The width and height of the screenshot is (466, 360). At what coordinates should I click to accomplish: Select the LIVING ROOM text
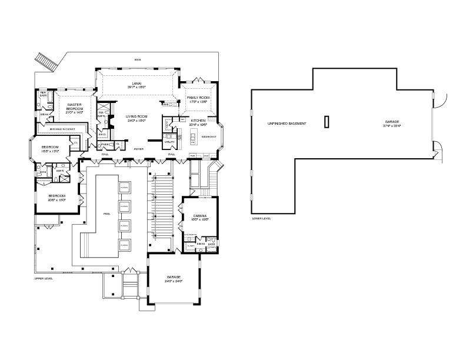point(136,116)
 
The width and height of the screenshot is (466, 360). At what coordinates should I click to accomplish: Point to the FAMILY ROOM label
point(198,98)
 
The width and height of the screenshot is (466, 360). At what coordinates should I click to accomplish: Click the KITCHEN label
point(198,121)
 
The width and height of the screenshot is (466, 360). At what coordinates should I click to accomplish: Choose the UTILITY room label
point(169,142)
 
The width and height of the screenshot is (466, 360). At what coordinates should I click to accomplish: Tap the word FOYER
point(139,149)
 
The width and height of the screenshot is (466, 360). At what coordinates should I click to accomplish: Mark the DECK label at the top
point(138,59)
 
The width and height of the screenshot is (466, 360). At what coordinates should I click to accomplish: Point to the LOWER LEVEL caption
point(260,218)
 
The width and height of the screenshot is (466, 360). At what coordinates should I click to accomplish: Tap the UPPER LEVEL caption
point(43,278)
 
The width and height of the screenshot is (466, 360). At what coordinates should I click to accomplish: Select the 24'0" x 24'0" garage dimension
point(173,281)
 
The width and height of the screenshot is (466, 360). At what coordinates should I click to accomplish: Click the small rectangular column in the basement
point(325,121)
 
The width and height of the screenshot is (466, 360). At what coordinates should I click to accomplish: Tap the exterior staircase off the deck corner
point(45,61)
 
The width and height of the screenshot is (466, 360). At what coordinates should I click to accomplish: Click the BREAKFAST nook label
point(209,136)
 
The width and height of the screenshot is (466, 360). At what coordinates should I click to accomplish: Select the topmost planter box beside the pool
point(124,187)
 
